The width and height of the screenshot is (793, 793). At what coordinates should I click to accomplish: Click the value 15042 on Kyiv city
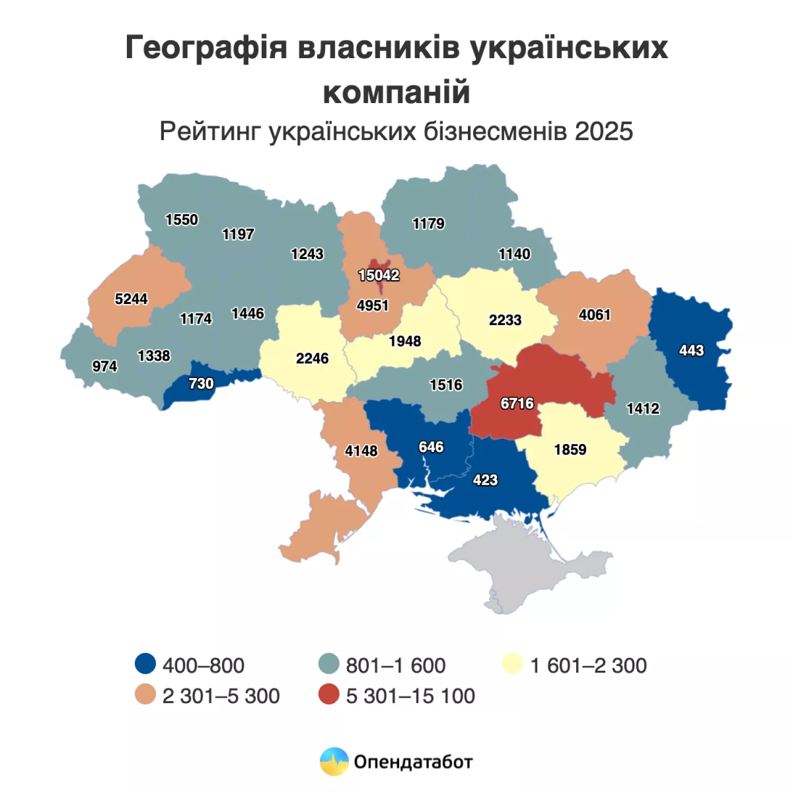coord(379,275)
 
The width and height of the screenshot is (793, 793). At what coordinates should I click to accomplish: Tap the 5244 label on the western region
coord(131,299)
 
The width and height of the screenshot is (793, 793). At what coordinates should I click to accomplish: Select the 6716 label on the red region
coord(517,403)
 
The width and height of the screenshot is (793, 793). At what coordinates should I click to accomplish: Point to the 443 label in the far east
coord(691,351)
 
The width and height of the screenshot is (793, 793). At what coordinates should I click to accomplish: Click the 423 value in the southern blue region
coord(485,480)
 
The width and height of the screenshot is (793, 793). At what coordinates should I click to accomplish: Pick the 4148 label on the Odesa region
coord(361,451)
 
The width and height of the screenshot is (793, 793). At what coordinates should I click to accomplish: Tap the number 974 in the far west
coord(104,366)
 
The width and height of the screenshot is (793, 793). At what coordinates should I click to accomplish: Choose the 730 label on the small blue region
coord(201,384)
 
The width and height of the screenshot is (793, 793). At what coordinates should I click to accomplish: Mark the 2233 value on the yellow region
coord(505,320)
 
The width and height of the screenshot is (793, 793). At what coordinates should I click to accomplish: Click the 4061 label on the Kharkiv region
coord(594,315)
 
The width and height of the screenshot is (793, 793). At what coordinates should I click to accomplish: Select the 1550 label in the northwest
coord(181,220)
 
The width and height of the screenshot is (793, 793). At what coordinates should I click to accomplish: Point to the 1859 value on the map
coord(570,450)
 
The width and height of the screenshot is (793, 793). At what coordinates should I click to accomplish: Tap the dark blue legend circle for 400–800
coord(145,664)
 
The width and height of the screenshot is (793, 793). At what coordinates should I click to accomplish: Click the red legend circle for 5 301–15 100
coord(329,695)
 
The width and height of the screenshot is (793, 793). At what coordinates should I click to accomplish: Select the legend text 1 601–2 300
coord(588,666)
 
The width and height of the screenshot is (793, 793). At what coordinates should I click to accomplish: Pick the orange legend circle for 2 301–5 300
coord(145,695)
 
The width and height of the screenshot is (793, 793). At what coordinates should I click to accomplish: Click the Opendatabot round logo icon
coord(334,761)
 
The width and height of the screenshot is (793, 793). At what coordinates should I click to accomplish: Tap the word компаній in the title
coord(396,93)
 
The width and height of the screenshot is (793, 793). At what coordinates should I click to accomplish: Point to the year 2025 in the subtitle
coord(604,132)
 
